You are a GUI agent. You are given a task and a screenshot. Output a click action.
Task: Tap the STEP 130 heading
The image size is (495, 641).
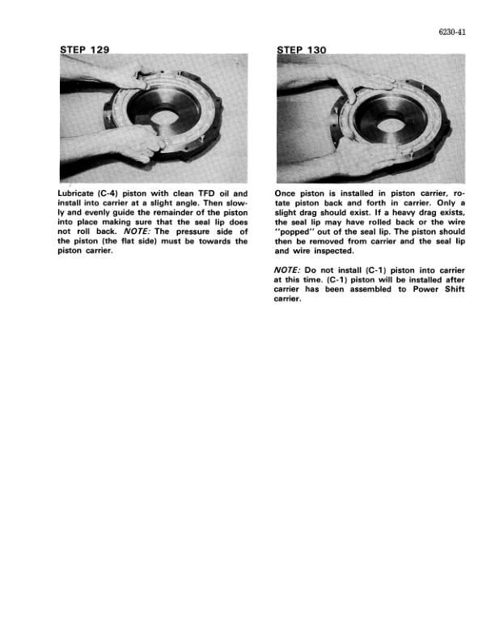coord(301,51)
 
